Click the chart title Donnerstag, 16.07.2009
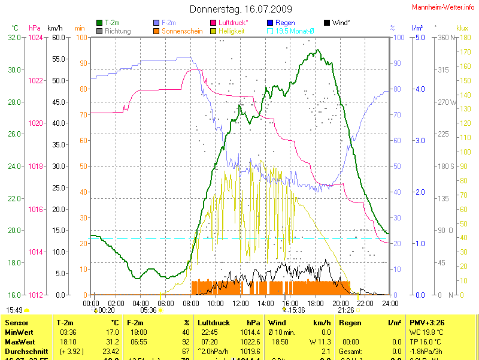tap(241, 9)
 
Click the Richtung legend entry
tap(117, 31)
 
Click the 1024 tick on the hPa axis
tap(35, 37)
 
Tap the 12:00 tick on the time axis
tap(240, 304)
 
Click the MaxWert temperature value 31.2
tap(111, 341)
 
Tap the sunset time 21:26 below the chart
tap(346, 310)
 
